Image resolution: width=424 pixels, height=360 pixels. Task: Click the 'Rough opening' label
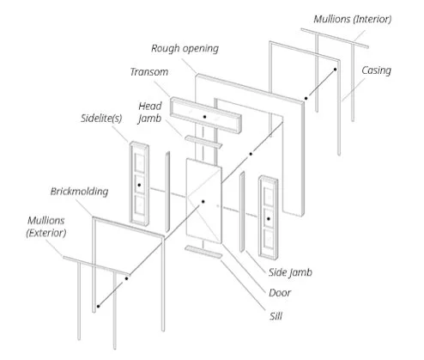pyautogui.click(x=185, y=48)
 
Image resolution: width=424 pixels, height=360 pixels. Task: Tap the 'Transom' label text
pyautogui.click(x=149, y=72)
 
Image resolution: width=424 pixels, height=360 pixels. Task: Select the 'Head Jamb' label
pyautogui.click(x=150, y=113)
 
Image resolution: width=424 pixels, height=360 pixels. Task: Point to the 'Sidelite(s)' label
pyautogui.click(x=101, y=118)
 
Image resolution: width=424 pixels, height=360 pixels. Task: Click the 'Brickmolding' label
pyautogui.click(x=79, y=192)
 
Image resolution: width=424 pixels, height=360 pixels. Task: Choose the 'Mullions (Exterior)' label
pyautogui.click(x=46, y=227)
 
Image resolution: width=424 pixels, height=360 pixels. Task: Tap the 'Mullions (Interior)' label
pyautogui.click(x=353, y=19)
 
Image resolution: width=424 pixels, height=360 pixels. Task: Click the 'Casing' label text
pyautogui.click(x=376, y=70)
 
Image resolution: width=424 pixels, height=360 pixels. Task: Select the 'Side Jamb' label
pyautogui.click(x=290, y=272)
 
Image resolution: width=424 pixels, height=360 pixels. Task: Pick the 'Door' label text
pyautogui.click(x=280, y=293)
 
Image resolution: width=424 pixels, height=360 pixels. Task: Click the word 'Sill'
pyautogui.click(x=276, y=316)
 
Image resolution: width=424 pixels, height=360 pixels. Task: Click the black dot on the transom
pyautogui.click(x=204, y=117)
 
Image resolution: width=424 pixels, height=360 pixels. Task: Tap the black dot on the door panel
pyautogui.click(x=203, y=202)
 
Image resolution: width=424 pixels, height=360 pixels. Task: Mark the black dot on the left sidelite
pyautogui.click(x=139, y=185)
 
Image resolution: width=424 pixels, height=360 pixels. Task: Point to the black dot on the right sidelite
pyautogui.click(x=269, y=219)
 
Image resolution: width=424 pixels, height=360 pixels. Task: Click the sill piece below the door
pyautogui.click(x=203, y=252)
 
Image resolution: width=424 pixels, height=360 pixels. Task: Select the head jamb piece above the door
pyautogui.click(x=203, y=142)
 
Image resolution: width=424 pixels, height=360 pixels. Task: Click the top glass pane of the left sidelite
pyautogui.click(x=140, y=163)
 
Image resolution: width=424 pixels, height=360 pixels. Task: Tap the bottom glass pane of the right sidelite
pyautogui.click(x=269, y=239)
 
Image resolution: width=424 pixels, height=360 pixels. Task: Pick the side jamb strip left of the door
pyautogui.click(x=167, y=192)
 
